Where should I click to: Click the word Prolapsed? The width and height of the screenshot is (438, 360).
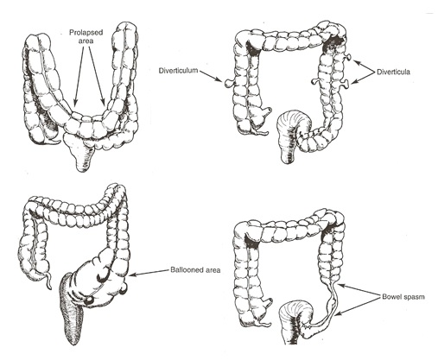coord(86,33)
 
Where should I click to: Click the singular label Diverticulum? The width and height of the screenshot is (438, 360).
coord(179,70)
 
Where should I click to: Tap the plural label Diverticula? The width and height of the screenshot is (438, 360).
coord(393,72)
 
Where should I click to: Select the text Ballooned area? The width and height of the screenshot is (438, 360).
coord(195,270)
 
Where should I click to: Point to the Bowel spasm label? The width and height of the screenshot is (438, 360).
coord(403,296)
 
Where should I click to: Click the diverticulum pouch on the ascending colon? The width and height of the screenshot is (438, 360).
coord(228,83)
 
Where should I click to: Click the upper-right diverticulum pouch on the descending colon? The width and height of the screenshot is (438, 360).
coord(349,57)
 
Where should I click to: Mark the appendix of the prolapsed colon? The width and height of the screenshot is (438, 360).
coord(54,141)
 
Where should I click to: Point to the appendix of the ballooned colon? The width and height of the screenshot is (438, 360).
coord(48,281)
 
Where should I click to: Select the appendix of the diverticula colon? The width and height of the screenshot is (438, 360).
coord(261,133)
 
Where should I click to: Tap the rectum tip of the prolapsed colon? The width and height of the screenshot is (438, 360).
coord(83,167)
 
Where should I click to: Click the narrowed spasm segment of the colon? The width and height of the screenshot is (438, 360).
coord(332,305)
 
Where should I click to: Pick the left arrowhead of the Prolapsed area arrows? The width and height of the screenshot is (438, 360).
coord(75,102)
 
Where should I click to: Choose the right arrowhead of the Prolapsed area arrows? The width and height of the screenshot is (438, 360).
coord(104,101)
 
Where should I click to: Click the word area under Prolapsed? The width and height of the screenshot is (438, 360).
coord(86,41)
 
